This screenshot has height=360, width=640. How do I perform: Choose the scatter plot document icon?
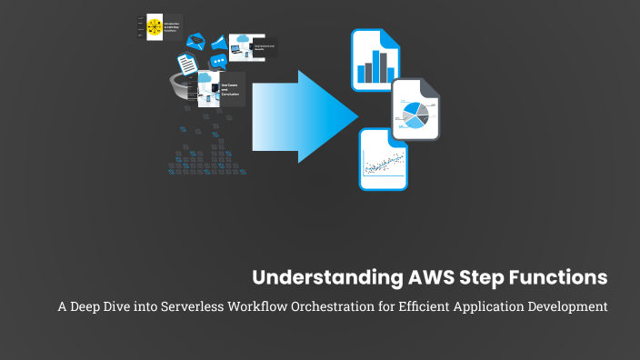click(x=383, y=159)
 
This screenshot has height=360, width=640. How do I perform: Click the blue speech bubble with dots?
click(x=218, y=62)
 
